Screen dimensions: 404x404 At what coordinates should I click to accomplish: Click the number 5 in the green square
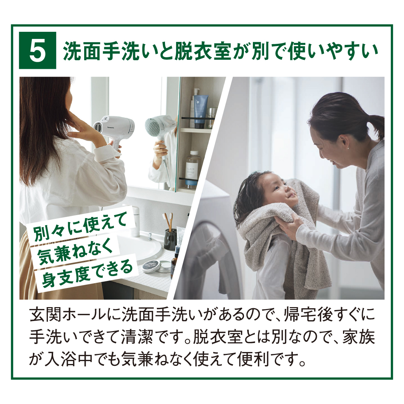click(x=37, y=51)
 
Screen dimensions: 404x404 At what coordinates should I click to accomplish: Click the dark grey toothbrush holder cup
click(x=170, y=239)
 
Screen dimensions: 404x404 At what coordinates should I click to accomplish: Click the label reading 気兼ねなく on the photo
click(x=75, y=251)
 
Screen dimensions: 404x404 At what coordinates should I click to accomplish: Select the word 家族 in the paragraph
click(x=358, y=336)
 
